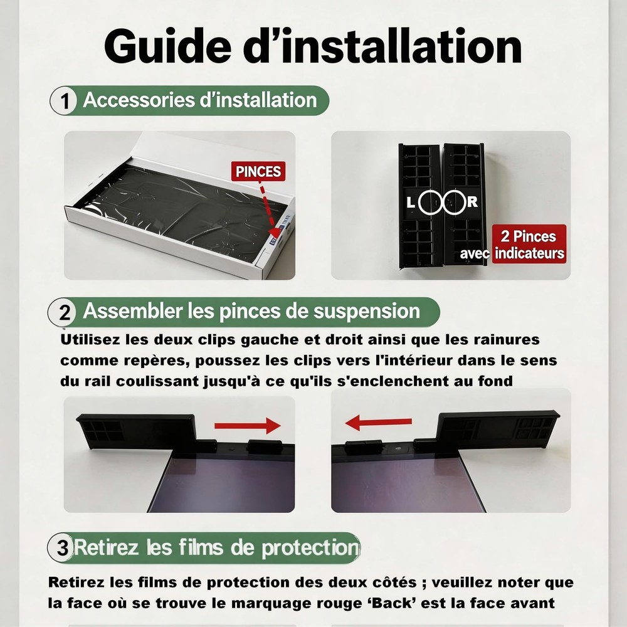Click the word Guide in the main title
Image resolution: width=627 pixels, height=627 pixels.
168,46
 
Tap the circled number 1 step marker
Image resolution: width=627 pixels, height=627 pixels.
63,101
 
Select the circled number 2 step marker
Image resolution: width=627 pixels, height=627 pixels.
63,312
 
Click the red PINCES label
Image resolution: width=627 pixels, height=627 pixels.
258,172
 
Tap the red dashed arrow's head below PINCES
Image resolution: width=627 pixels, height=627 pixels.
275,232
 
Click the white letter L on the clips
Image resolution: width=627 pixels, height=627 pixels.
411,203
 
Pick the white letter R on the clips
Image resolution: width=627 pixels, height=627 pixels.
472,202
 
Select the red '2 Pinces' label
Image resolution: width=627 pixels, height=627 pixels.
529,244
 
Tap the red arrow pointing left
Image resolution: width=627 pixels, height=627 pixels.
378,422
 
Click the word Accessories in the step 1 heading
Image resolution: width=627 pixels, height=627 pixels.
139,100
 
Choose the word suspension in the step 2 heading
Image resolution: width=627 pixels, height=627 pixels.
367,312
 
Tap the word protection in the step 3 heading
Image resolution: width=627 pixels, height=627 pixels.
311,548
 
